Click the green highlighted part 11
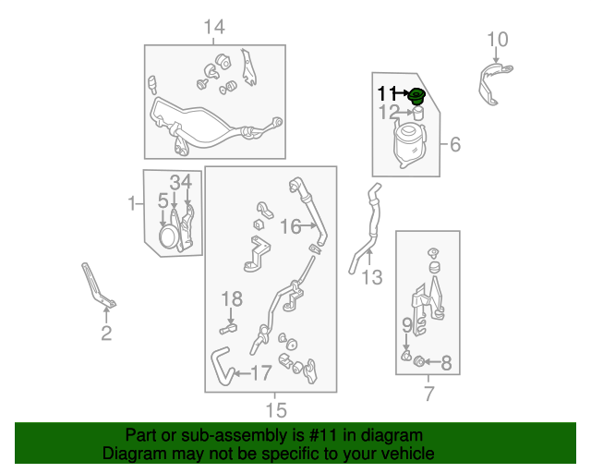click(x=416, y=96)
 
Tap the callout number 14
click(x=214, y=27)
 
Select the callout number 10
click(x=498, y=39)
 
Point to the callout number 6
click(x=455, y=144)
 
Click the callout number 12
click(x=389, y=112)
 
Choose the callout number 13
click(x=372, y=277)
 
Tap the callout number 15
click(x=276, y=410)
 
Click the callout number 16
click(x=291, y=226)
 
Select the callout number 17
click(x=261, y=373)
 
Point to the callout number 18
click(x=232, y=299)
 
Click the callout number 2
click(x=106, y=334)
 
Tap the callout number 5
click(x=163, y=200)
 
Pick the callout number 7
click(x=428, y=394)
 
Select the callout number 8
click(x=446, y=363)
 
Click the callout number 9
click(x=407, y=325)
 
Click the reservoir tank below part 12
click(x=410, y=144)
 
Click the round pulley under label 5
click(x=167, y=236)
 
